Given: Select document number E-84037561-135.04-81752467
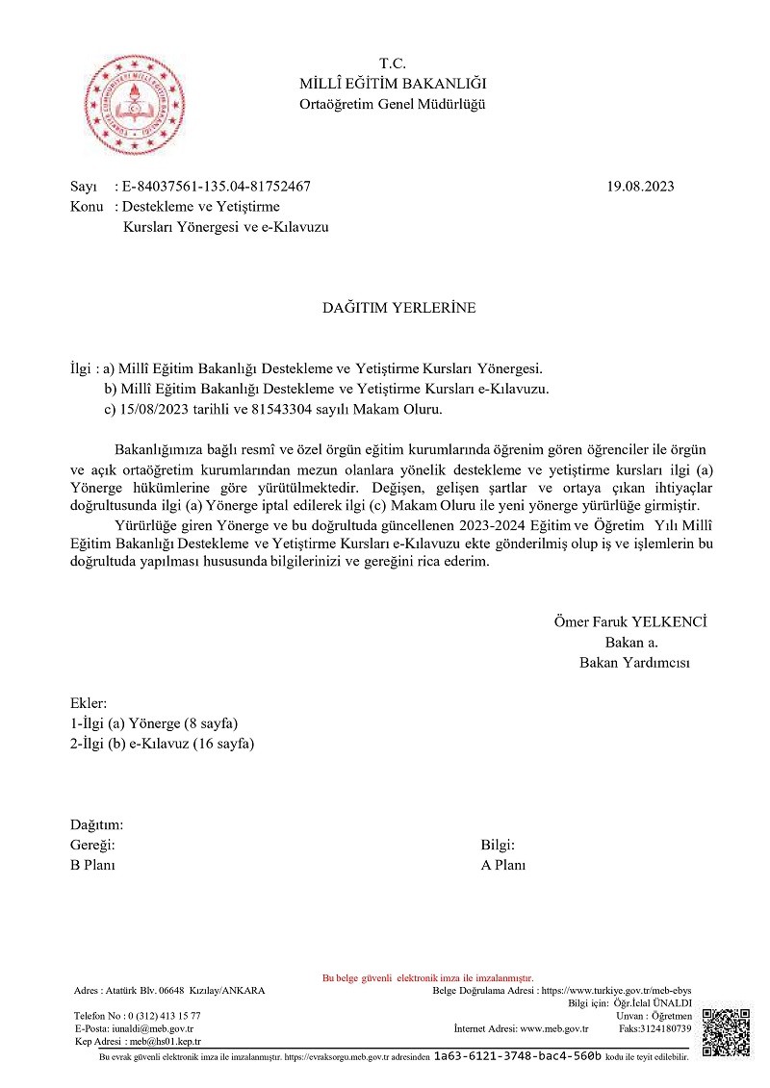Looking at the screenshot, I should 215,187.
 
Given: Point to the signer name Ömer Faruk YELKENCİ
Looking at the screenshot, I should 629,621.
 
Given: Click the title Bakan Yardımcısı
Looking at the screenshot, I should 634,662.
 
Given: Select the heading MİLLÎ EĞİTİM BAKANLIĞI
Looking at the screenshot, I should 393,84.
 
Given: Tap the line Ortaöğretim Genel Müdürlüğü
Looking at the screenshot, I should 393,104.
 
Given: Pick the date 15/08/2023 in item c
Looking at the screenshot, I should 154,410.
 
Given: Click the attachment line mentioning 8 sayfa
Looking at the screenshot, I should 154,722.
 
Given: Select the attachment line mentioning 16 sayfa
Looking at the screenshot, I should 163,743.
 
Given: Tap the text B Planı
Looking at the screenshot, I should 92,865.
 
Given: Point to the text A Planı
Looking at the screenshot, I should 503,865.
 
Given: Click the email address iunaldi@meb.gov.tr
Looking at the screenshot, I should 152,1028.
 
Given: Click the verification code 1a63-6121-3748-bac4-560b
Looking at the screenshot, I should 518,1056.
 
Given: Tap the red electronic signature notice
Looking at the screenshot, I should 427,977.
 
